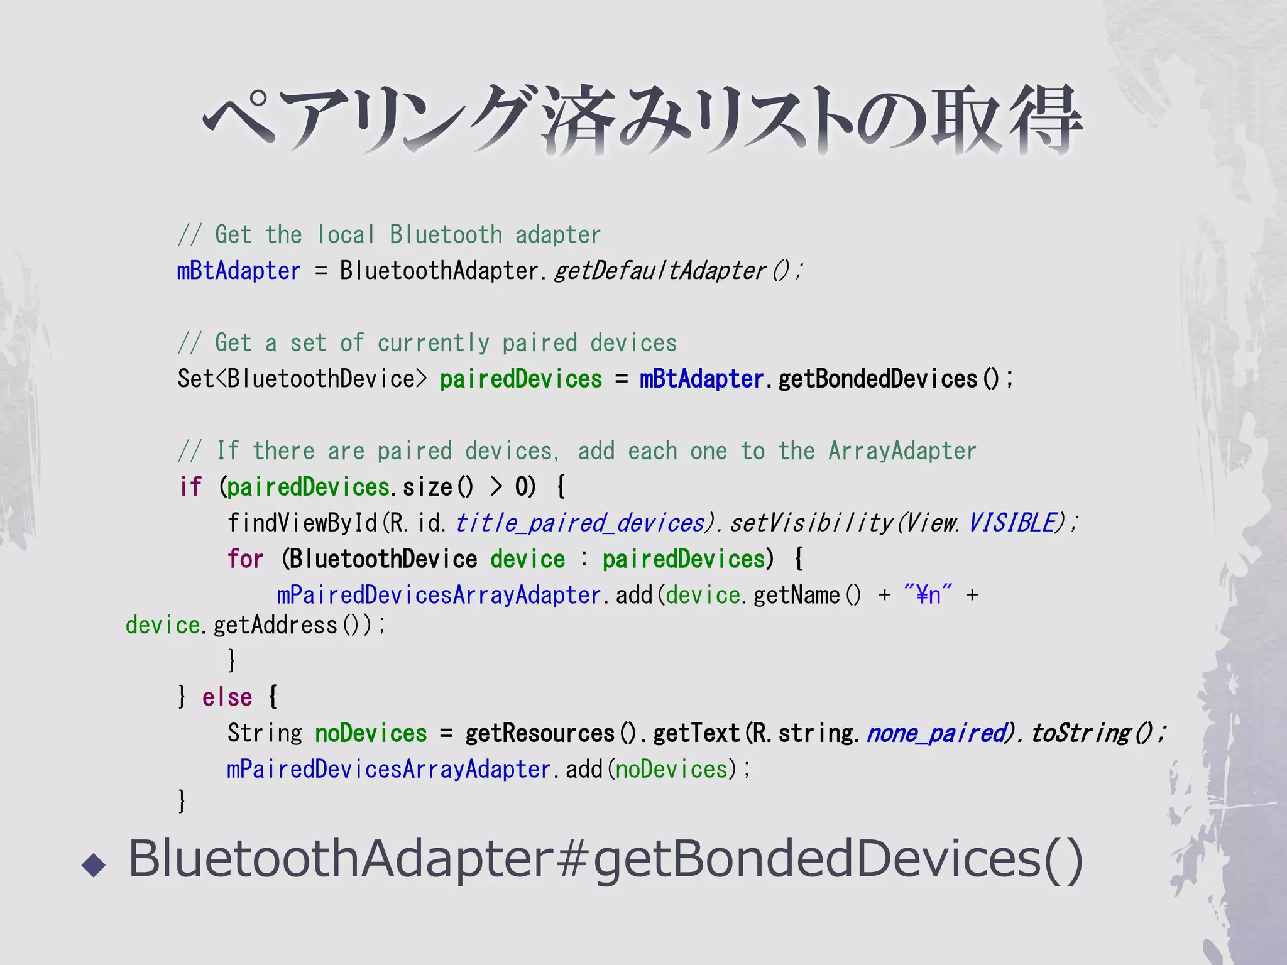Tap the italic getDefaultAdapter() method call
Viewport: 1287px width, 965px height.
tap(677, 271)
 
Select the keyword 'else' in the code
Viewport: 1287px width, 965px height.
tap(227, 697)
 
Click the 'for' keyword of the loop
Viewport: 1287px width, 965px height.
tap(245, 559)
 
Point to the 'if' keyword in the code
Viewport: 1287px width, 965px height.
tap(190, 487)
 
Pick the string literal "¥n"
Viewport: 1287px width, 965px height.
tap(928, 594)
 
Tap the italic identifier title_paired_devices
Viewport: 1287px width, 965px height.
tap(579, 523)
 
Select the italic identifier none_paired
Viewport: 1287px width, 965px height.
tap(936, 733)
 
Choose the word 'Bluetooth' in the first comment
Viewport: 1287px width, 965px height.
tap(446, 235)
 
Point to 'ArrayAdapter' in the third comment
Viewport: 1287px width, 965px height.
tap(902, 451)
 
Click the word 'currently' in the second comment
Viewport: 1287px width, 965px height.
tap(433, 343)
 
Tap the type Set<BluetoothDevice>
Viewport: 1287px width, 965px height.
tap(302, 379)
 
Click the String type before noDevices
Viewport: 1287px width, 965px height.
tap(265, 733)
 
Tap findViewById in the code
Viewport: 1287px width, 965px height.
tap(302, 523)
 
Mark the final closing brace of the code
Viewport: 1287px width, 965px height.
tap(182, 801)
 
